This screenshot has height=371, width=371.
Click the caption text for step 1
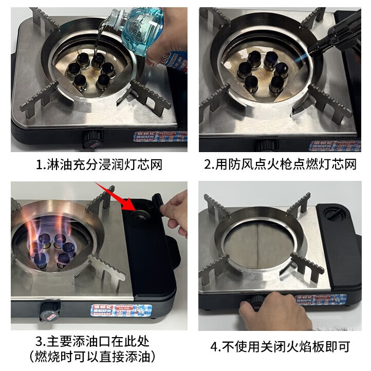pos(99,165)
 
